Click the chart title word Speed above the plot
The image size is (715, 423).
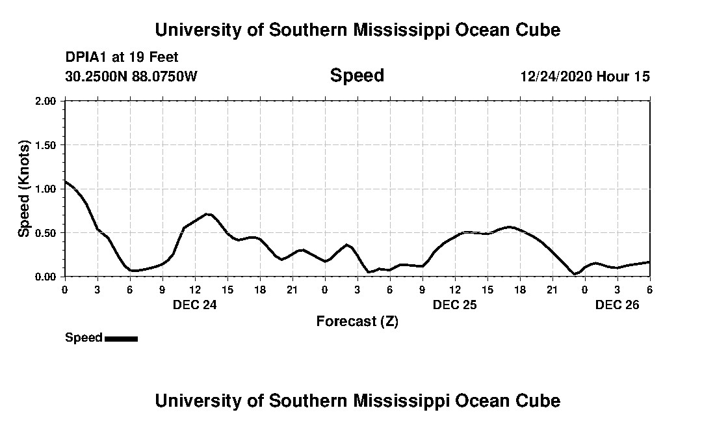pyautogui.click(x=357, y=75)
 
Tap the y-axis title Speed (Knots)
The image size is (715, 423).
pyautogui.click(x=24, y=189)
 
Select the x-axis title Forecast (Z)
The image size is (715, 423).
pyautogui.click(x=357, y=321)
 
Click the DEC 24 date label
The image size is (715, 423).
pyautogui.click(x=194, y=305)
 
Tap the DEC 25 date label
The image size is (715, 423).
pyautogui.click(x=454, y=305)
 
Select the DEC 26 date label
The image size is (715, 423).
pyautogui.click(x=617, y=305)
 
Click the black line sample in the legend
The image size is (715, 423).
pyautogui.click(x=121, y=338)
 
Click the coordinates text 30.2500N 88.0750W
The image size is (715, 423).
pyautogui.click(x=131, y=76)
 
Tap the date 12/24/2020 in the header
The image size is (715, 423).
pyautogui.click(x=556, y=76)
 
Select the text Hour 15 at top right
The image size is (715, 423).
pyautogui.click(x=623, y=76)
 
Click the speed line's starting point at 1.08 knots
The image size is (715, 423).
pyautogui.click(x=65, y=182)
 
